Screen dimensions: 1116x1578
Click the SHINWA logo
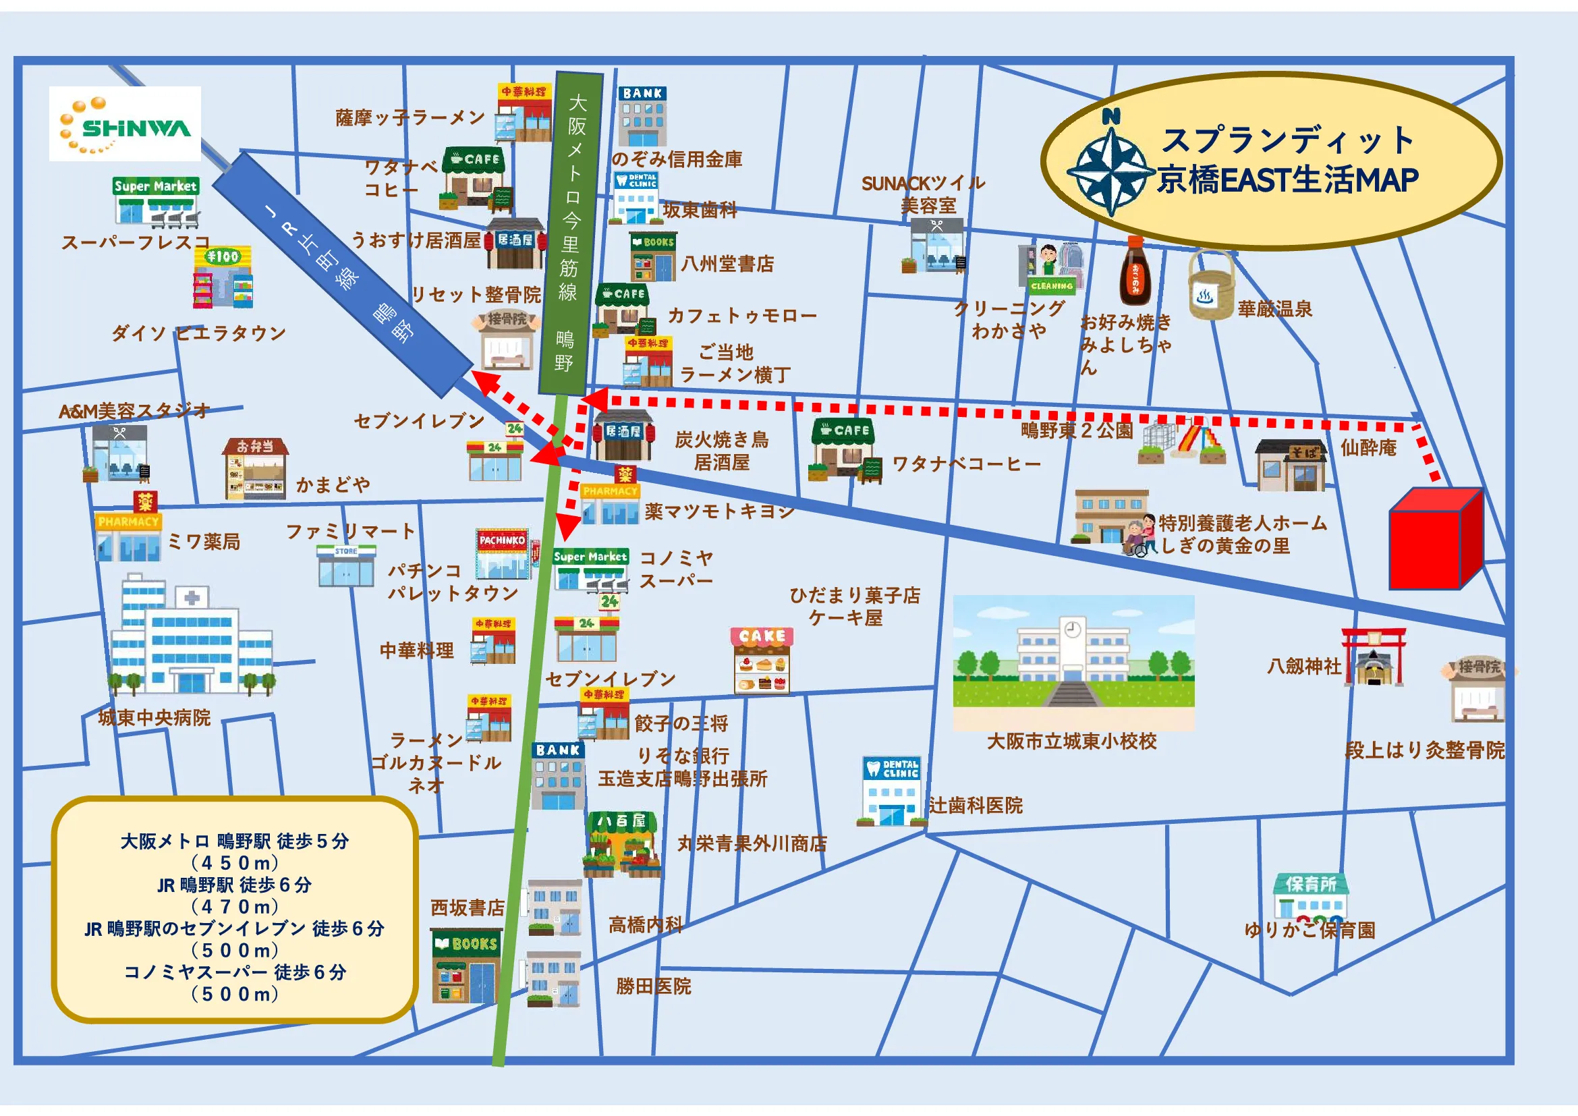[x=125, y=123]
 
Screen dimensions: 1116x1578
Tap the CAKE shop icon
[x=762, y=660]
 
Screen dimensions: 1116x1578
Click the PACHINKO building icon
[x=503, y=554]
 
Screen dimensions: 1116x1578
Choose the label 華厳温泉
[x=1275, y=309]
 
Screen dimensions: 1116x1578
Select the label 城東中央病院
[x=154, y=718]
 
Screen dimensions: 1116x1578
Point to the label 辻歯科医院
[x=976, y=806]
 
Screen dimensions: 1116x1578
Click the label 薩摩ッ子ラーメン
[x=410, y=117]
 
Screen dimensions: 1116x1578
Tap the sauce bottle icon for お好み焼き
[x=1135, y=271]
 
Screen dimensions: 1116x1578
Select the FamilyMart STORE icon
[x=345, y=565]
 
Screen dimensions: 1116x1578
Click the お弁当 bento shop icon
[x=255, y=469]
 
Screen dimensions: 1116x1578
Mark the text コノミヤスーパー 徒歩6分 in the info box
[x=235, y=972]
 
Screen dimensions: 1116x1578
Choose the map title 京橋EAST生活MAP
[x=1287, y=180]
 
